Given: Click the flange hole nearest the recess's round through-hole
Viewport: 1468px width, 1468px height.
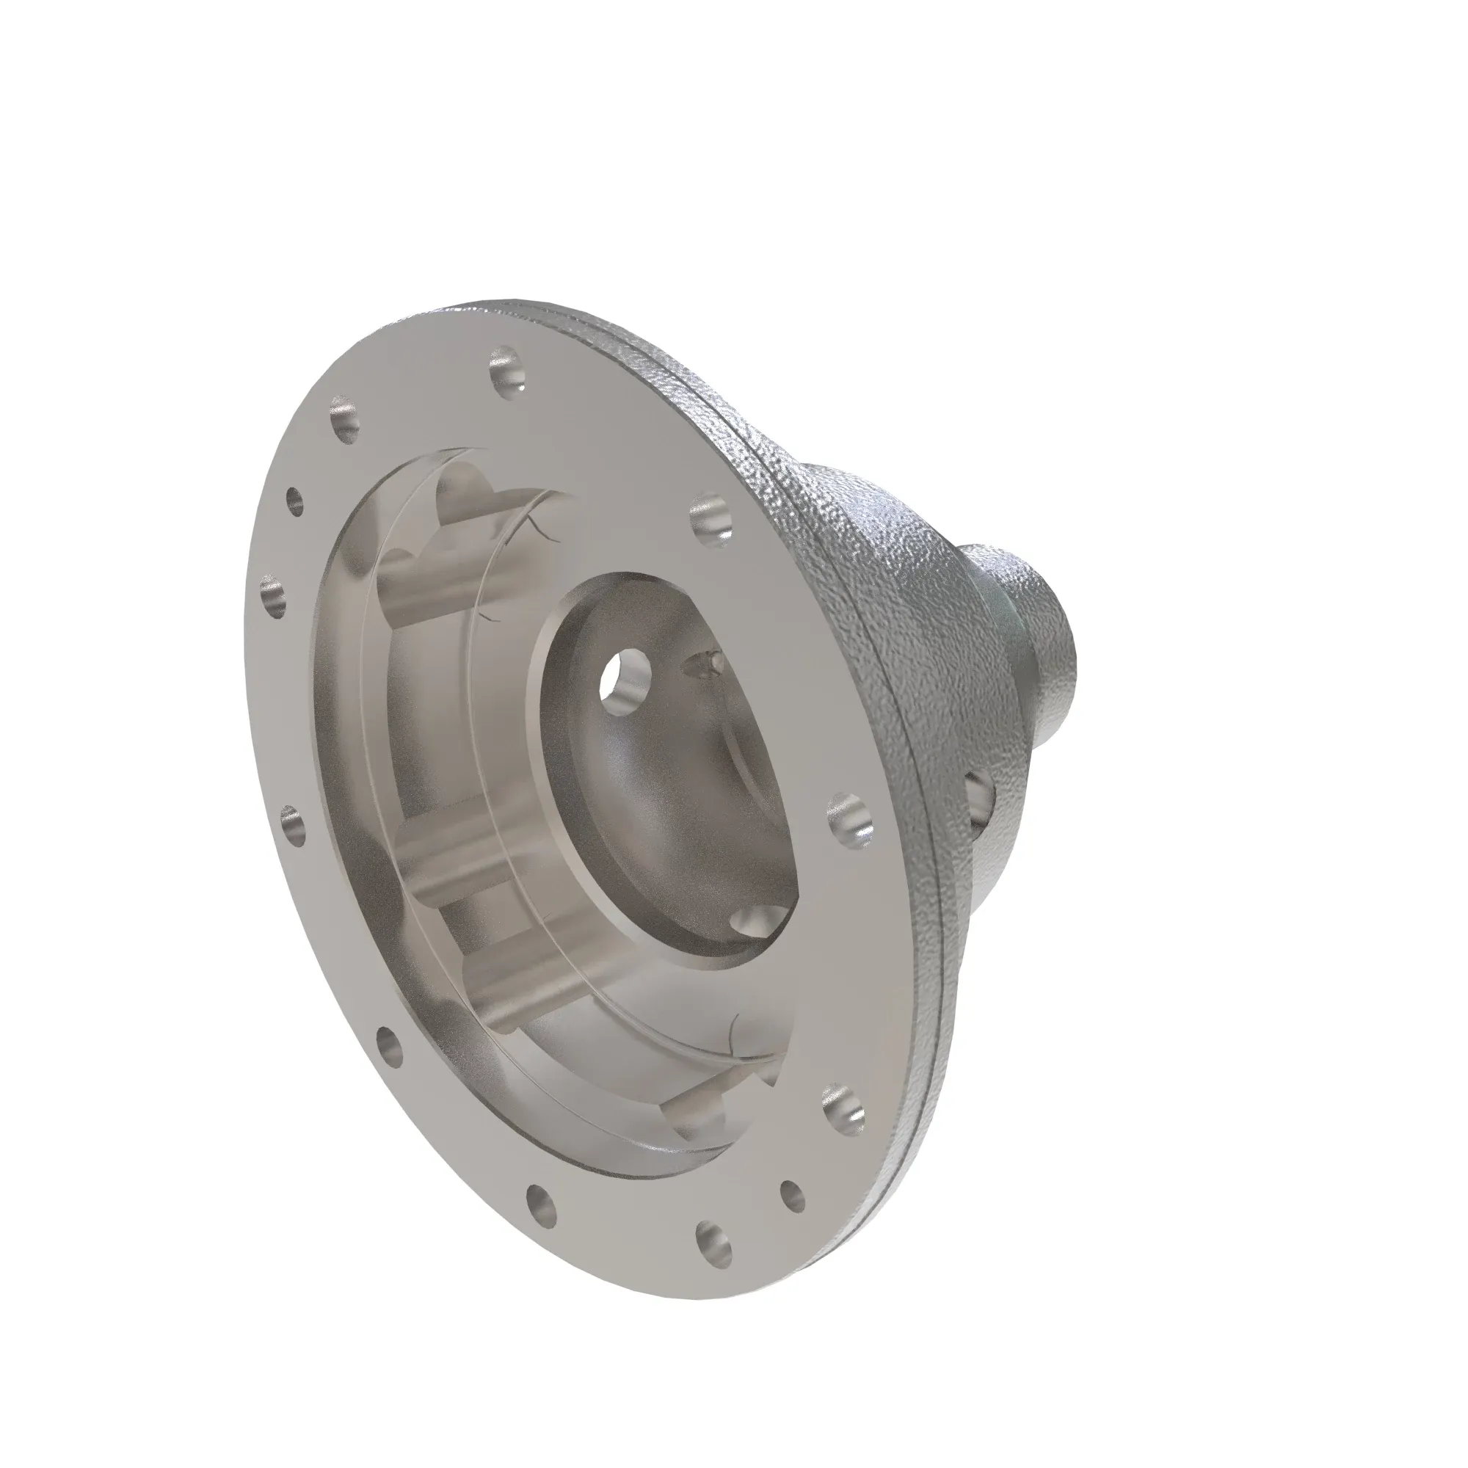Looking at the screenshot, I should point(711,517).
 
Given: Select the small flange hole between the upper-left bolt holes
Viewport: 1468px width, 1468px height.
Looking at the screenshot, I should point(294,501).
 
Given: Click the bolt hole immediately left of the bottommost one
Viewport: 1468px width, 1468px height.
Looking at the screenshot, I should point(542,1207).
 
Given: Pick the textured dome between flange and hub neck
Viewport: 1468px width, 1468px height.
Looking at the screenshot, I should point(897,578).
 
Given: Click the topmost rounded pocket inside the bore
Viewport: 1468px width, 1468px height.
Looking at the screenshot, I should point(462,494).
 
